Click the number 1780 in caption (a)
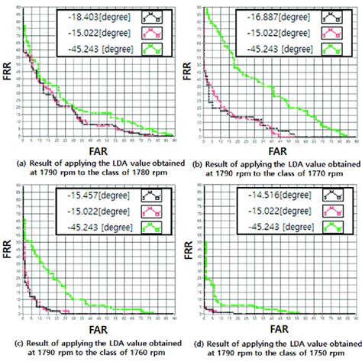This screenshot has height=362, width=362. [138, 174]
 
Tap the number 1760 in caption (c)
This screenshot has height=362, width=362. [138, 354]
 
